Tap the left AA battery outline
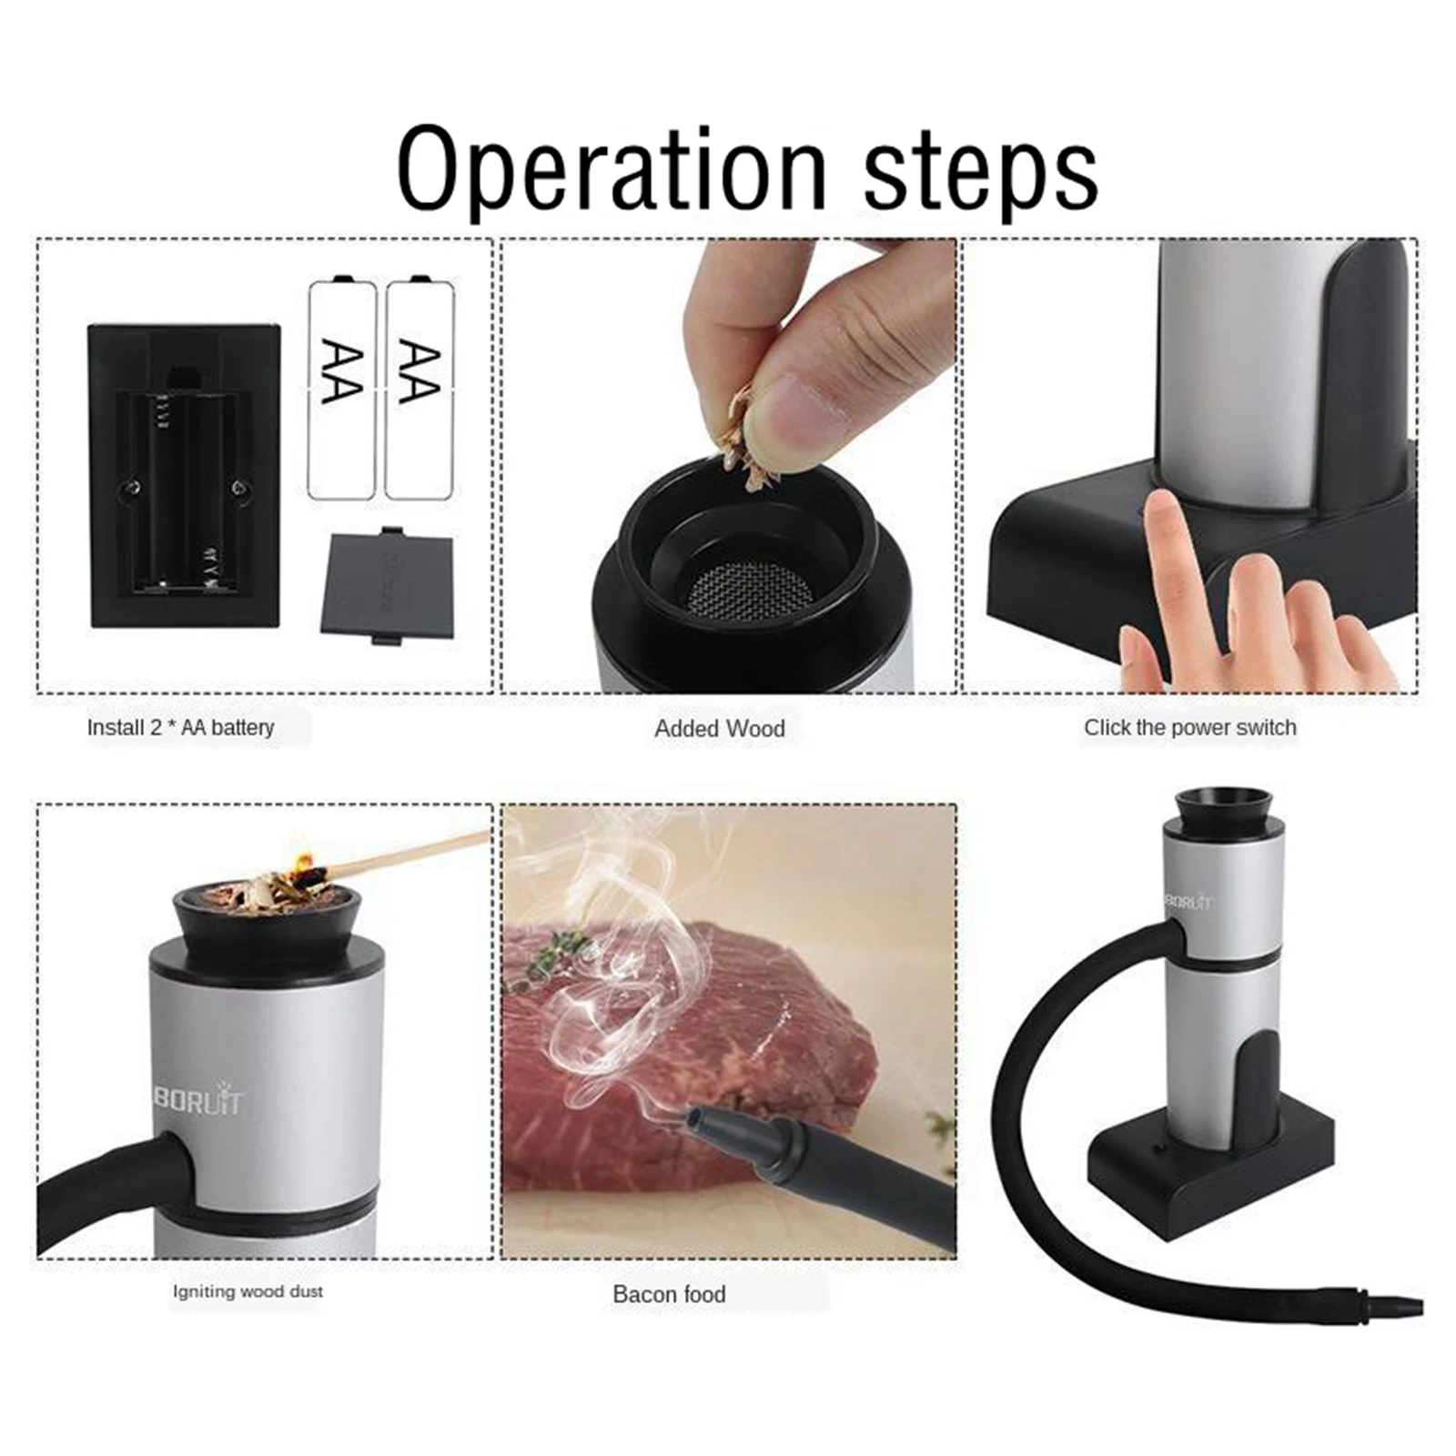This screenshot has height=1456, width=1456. (342, 389)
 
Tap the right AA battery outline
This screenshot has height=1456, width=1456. (420, 389)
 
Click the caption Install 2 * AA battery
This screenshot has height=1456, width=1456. (180, 727)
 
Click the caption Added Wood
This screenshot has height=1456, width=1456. (719, 728)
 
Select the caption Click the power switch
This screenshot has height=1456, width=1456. (1188, 727)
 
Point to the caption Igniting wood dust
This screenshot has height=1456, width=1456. (248, 1290)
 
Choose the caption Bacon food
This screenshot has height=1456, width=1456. (669, 1293)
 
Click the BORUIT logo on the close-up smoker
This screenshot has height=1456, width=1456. (198, 1101)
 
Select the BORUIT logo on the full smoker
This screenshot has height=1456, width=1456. (1188, 902)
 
